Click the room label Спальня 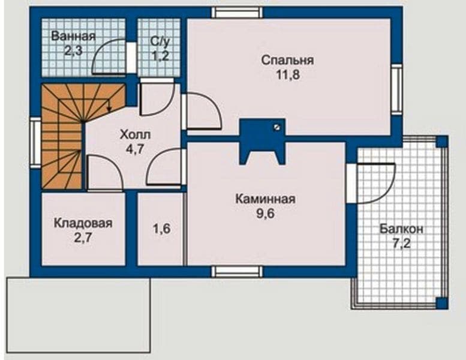[x=287, y=61]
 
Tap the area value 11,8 [x=288, y=75]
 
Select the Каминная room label [x=266, y=199]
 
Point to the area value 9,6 [x=266, y=214]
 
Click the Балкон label [x=401, y=229]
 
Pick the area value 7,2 [x=402, y=244]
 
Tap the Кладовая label [x=83, y=223]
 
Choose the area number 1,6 [x=162, y=229]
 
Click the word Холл [x=135, y=134]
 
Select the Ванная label [x=73, y=36]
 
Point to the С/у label [x=160, y=41]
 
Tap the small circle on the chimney [x=277, y=127]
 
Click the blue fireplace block [x=263, y=141]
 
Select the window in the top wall [x=237, y=13]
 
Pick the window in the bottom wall [x=237, y=271]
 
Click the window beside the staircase [x=35, y=143]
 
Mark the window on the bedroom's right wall [x=396, y=89]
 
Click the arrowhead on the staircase [x=109, y=109]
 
